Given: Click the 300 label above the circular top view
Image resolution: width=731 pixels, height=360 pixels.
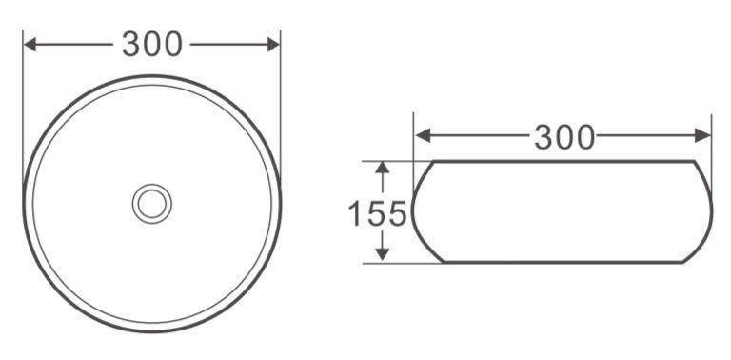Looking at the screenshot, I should pyautogui.click(x=152, y=44).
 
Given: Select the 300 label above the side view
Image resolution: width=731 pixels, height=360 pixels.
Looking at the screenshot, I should pyautogui.click(x=563, y=137).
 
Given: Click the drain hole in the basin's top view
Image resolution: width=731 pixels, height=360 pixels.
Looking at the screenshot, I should pyautogui.click(x=151, y=203).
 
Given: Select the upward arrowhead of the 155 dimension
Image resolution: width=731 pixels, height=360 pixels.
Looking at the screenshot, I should pyautogui.click(x=383, y=169).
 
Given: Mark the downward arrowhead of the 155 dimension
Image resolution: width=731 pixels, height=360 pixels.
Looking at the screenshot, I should pyautogui.click(x=383, y=254).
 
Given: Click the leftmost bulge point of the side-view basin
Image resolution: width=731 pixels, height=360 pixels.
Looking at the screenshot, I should pyautogui.click(x=412, y=211).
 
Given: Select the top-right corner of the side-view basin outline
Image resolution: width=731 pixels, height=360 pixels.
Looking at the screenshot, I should pyautogui.click(x=690, y=162).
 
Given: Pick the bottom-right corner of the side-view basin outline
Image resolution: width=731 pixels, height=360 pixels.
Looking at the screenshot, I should pyautogui.click(x=683, y=262).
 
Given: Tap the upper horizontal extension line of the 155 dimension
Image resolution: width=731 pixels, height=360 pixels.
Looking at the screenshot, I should pyautogui.click(x=395, y=161).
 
